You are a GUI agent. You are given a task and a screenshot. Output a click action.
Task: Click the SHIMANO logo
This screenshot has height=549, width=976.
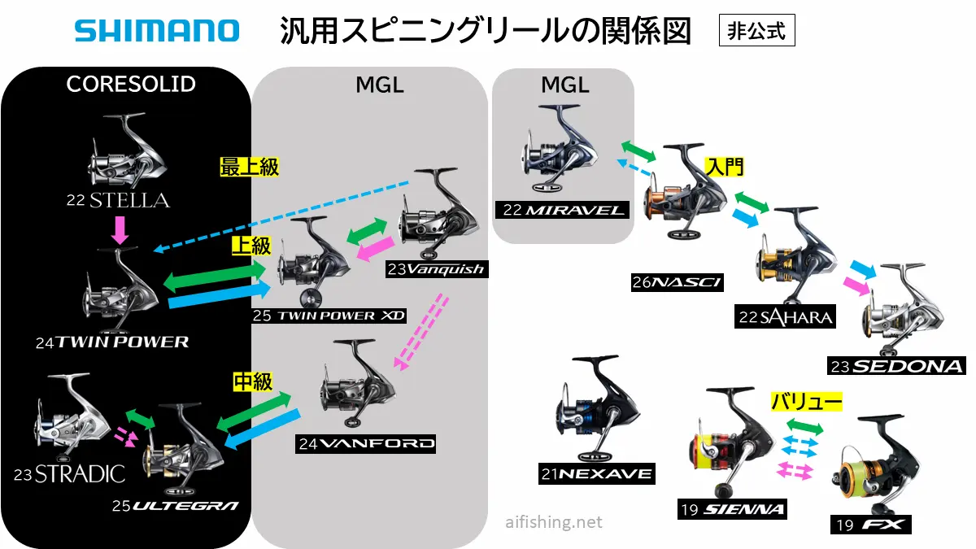[157, 31]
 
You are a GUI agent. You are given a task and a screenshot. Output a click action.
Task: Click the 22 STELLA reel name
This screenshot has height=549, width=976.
[119, 199]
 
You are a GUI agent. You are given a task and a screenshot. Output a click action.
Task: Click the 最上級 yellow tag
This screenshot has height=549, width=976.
[250, 168]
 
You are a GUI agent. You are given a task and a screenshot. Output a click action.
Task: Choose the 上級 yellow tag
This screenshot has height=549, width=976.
[251, 246]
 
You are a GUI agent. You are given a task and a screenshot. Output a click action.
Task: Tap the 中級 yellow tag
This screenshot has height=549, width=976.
[252, 381]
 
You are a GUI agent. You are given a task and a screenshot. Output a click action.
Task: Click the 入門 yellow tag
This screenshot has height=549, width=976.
[725, 168]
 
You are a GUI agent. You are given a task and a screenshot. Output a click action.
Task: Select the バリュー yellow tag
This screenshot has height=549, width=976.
[806, 401]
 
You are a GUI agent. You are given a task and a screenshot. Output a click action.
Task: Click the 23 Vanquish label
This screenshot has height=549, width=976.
[437, 269]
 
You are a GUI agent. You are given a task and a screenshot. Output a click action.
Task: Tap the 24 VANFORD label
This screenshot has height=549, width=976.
[366, 444]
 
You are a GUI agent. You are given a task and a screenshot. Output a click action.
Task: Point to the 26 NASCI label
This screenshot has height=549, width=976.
[677, 282]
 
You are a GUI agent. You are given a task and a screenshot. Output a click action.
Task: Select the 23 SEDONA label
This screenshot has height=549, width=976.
[895, 366]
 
